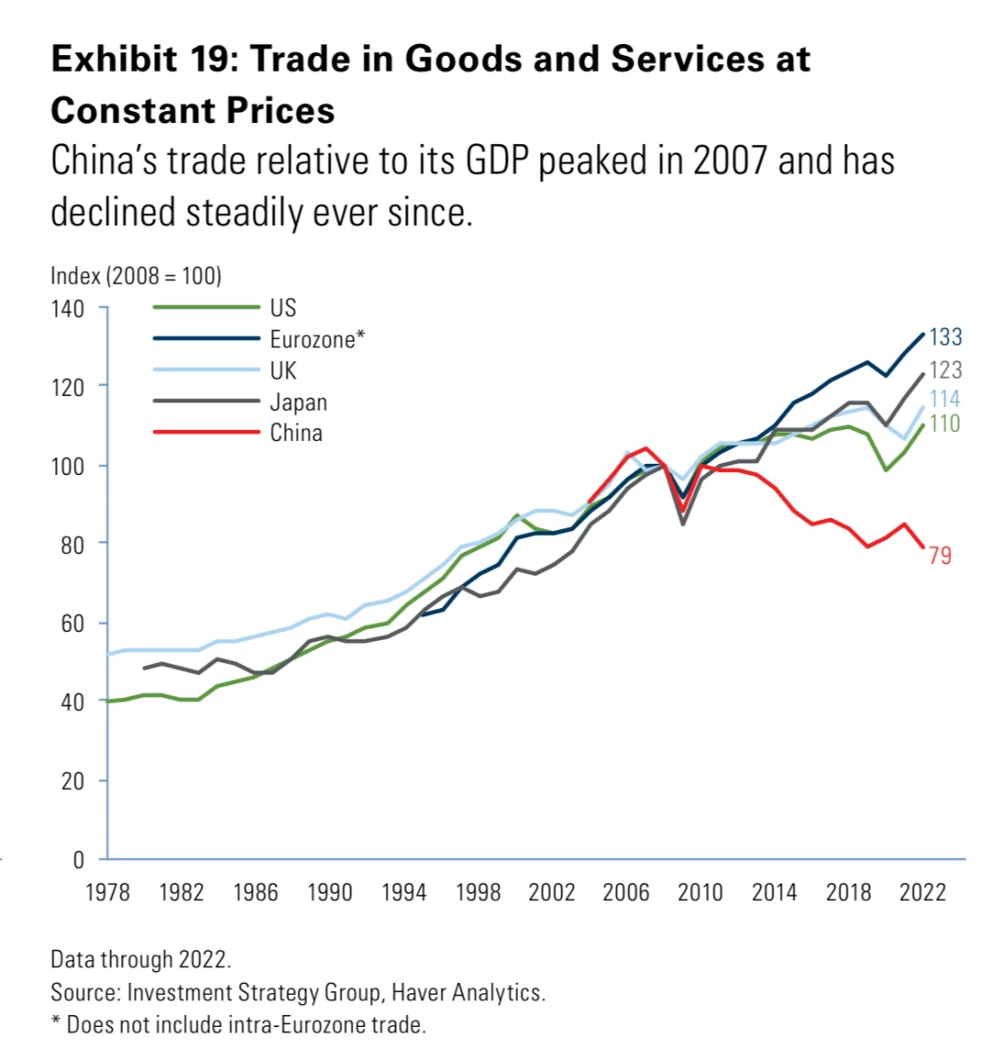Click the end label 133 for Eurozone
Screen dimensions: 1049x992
945,337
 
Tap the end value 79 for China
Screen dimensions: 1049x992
940,555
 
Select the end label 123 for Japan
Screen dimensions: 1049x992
945,369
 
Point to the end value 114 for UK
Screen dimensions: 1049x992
945,399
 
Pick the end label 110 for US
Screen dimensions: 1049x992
945,423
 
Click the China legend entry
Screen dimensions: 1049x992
296,433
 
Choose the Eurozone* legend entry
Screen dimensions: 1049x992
317,339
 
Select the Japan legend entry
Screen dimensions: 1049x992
299,402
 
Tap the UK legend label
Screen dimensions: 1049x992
283,370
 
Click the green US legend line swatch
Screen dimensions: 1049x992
206,308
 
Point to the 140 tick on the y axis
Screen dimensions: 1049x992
67,308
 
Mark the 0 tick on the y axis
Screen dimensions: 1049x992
78,860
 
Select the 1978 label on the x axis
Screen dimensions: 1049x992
107,893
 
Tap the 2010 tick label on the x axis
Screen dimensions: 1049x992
700,893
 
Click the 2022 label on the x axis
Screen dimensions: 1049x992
922,893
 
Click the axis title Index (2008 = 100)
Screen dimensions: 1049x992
136,276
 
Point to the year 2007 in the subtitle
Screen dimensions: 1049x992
728,161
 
